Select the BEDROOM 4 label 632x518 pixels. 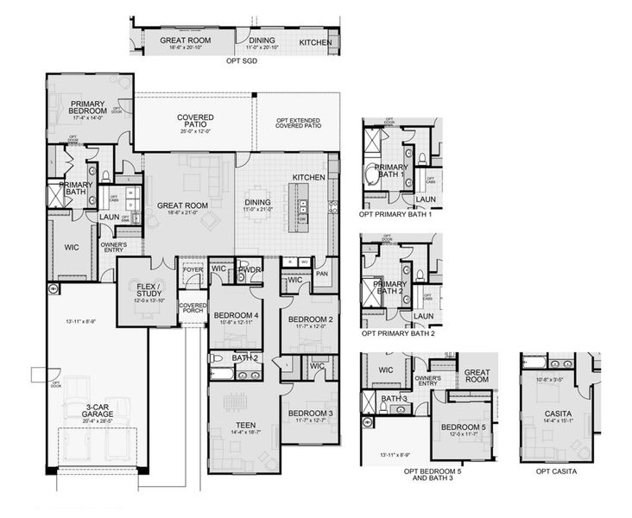(x=236, y=315)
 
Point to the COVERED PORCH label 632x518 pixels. (x=193, y=308)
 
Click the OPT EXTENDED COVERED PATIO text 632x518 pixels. (x=299, y=123)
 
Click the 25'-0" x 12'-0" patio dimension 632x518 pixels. (x=196, y=131)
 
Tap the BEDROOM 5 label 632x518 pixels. (x=466, y=427)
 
